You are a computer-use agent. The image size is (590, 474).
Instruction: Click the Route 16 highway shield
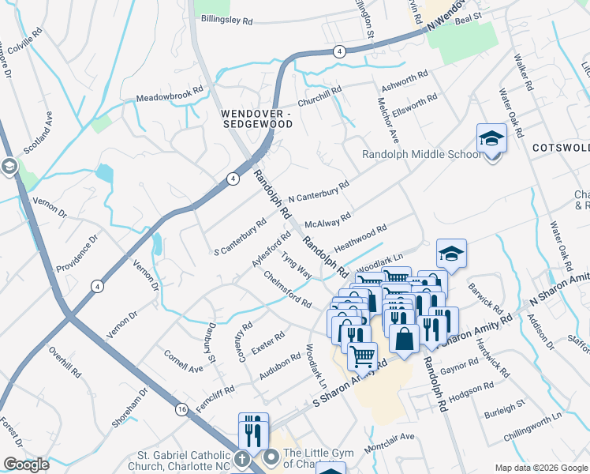[181, 409]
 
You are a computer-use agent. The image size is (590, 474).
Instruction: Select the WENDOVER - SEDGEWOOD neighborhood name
[256, 118]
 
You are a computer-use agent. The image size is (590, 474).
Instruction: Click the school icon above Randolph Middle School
[491, 139]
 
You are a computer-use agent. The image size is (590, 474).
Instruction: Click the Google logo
[26, 465]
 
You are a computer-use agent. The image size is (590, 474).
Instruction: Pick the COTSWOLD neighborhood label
[561, 148]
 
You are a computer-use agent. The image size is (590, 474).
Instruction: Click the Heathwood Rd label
[360, 236]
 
